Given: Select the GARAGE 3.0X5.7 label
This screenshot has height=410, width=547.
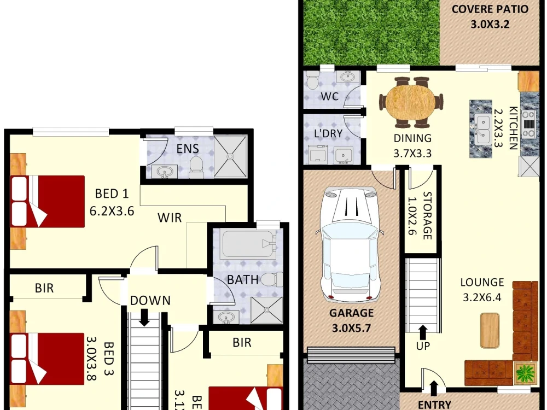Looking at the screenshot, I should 351,321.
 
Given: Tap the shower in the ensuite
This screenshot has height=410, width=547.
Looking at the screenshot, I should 230,156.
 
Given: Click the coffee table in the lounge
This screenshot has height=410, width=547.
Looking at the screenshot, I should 490,330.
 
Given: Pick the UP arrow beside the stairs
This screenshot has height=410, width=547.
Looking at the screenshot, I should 423,332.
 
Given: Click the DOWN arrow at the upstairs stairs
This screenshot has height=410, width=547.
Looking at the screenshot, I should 144,317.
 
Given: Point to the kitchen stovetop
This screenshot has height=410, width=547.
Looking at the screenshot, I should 529,124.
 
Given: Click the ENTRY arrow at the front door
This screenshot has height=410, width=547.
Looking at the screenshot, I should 434,389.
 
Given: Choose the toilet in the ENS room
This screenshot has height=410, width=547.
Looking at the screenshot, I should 196,167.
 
